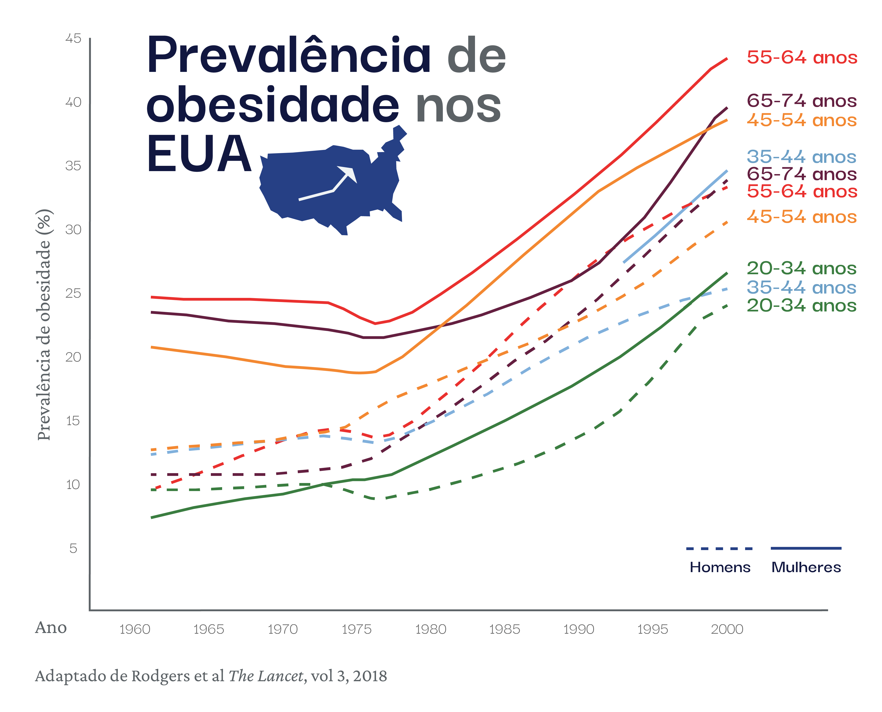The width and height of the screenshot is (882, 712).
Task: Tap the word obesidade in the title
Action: click(x=273, y=105)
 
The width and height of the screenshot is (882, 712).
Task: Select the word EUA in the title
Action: click(x=199, y=154)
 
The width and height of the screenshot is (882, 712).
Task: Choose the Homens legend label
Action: click(x=720, y=567)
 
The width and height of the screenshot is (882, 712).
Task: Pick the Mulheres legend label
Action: click(x=806, y=567)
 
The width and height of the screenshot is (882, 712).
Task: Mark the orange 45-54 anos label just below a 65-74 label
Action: click(x=802, y=121)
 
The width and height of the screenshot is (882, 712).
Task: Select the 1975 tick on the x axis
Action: click(x=357, y=629)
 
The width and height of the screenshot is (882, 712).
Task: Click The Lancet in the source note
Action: click(x=266, y=677)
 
